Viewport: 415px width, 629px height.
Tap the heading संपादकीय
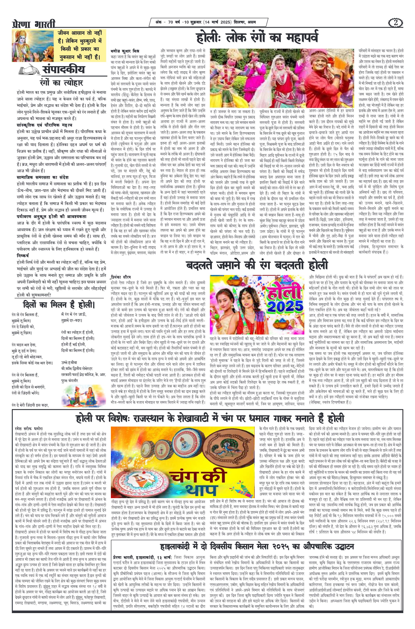63,70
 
